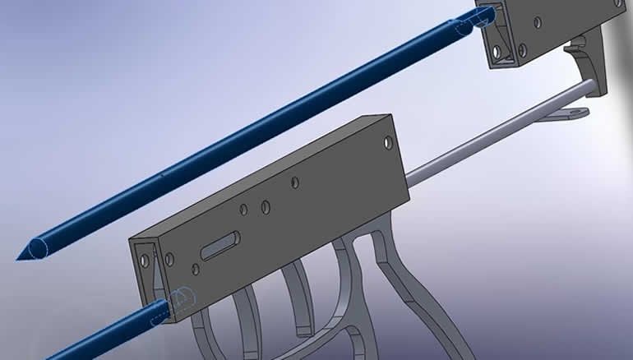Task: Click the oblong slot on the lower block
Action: coord(219,245)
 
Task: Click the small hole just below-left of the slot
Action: coord(196,269)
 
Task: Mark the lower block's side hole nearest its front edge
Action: coord(170,260)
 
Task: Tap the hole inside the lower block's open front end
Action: coord(146,261)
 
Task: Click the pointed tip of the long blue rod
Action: coord(21,256)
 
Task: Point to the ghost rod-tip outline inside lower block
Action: coord(183,297)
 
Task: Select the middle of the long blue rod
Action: coord(247,136)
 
